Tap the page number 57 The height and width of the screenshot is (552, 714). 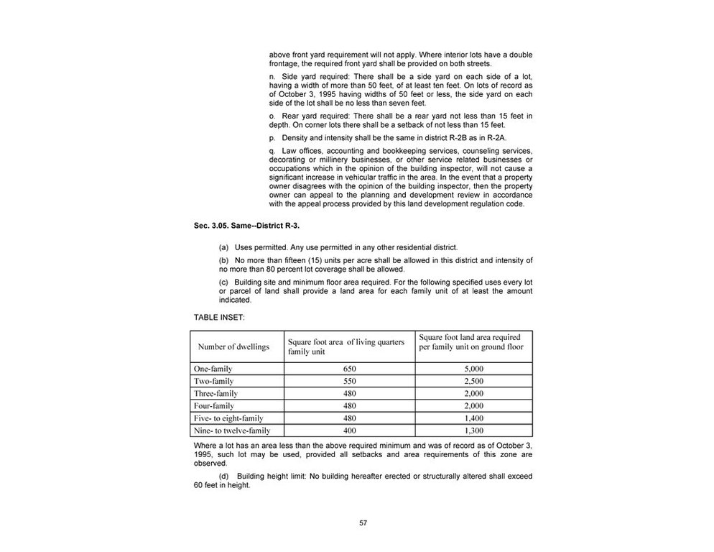tap(363, 523)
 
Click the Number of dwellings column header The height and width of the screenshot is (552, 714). tap(233, 346)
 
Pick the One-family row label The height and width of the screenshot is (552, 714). tap(213, 369)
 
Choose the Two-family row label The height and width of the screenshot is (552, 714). tap(214, 381)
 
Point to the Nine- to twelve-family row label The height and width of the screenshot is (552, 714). tap(231, 430)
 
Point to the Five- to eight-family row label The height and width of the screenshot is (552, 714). tap(229, 418)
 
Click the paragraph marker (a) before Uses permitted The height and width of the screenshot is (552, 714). tap(223, 247)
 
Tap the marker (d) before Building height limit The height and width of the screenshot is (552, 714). tap(223, 476)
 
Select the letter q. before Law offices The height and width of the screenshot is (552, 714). tap(272, 150)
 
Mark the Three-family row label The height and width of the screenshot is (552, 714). tap(216, 393)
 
